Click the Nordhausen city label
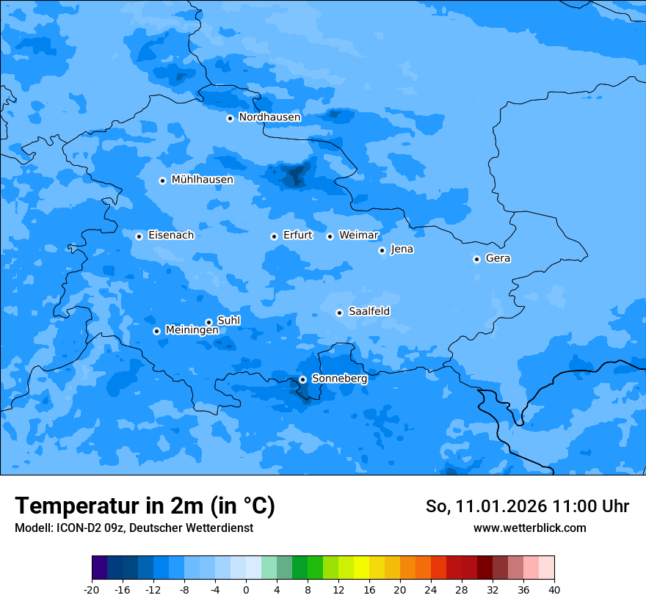click(x=269, y=117)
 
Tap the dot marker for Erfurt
click(x=274, y=236)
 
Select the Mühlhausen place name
click(x=202, y=180)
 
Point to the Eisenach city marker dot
click(x=139, y=236)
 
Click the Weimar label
click(x=358, y=236)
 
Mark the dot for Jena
click(x=382, y=250)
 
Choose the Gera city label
click(x=498, y=258)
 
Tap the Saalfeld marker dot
click(x=339, y=313)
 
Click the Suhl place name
click(x=229, y=321)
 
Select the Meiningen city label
click(x=192, y=330)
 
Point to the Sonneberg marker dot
click(x=302, y=379)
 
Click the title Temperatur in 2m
click(x=145, y=506)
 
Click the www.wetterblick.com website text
click(x=529, y=528)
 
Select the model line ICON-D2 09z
click(x=134, y=528)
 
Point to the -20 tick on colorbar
click(x=92, y=589)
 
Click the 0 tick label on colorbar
click(x=246, y=589)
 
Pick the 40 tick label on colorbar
click(x=554, y=589)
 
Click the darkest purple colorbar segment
click(x=99, y=568)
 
